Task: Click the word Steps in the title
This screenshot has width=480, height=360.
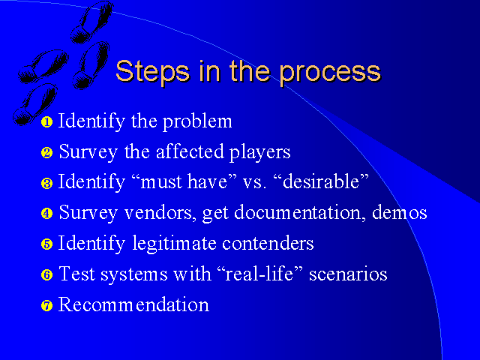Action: pyautogui.click(x=152, y=72)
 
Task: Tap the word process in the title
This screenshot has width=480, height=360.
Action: pyautogui.click(x=330, y=73)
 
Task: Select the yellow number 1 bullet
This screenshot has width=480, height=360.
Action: pyautogui.click(x=46, y=121)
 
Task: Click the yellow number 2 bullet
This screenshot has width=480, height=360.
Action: pyautogui.click(x=46, y=152)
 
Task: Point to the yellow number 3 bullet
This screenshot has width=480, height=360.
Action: pyautogui.click(x=46, y=183)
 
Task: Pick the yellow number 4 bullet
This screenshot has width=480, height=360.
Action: pyautogui.click(x=46, y=213)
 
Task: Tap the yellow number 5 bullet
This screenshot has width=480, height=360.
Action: pyautogui.click(x=46, y=244)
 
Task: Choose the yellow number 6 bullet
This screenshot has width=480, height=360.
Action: pyautogui.click(x=46, y=274)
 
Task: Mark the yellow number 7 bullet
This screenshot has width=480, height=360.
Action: pyautogui.click(x=46, y=305)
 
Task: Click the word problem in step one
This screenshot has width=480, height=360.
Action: pyautogui.click(x=197, y=121)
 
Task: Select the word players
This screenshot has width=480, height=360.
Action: pyautogui.click(x=260, y=152)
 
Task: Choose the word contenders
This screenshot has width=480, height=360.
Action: pyautogui.click(x=268, y=243)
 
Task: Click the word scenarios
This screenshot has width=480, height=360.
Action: pyautogui.click(x=348, y=274)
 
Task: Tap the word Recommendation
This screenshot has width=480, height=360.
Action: pyautogui.click(x=133, y=304)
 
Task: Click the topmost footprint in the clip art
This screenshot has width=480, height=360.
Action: pyautogui.click(x=91, y=22)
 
